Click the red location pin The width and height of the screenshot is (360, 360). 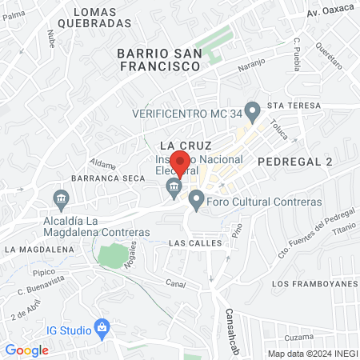pyautogui.click(x=180, y=162)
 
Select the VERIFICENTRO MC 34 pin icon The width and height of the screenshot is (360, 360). pyautogui.click(x=253, y=110)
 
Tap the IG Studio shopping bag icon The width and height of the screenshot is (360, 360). pyautogui.click(x=102, y=327)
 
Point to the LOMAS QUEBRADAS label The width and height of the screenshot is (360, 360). pyautogui.click(x=101, y=18)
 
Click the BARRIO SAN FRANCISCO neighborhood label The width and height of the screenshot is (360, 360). pyautogui.click(x=158, y=60)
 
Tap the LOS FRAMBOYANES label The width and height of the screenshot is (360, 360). pyautogui.click(x=313, y=284)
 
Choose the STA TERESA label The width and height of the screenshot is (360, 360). pyautogui.click(x=294, y=106)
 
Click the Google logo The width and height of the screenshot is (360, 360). pyautogui.click(x=27, y=350)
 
